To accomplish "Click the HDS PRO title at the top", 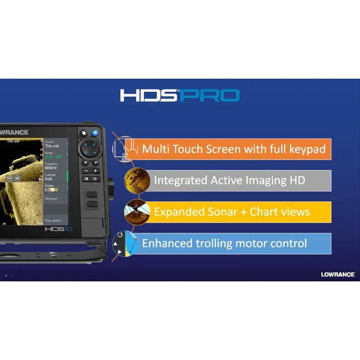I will (x=179, y=96).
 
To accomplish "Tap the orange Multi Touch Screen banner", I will (x=233, y=149).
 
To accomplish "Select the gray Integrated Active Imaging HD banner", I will (x=233, y=181).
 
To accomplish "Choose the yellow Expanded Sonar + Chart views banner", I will (x=233, y=212).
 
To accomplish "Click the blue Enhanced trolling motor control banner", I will (x=233, y=244).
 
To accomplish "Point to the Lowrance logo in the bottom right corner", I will (x=337, y=274).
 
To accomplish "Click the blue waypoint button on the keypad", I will (x=95, y=133).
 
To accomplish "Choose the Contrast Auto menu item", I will (x=52, y=177).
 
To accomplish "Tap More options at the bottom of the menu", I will (x=54, y=220).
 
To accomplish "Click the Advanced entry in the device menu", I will (x=52, y=198).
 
